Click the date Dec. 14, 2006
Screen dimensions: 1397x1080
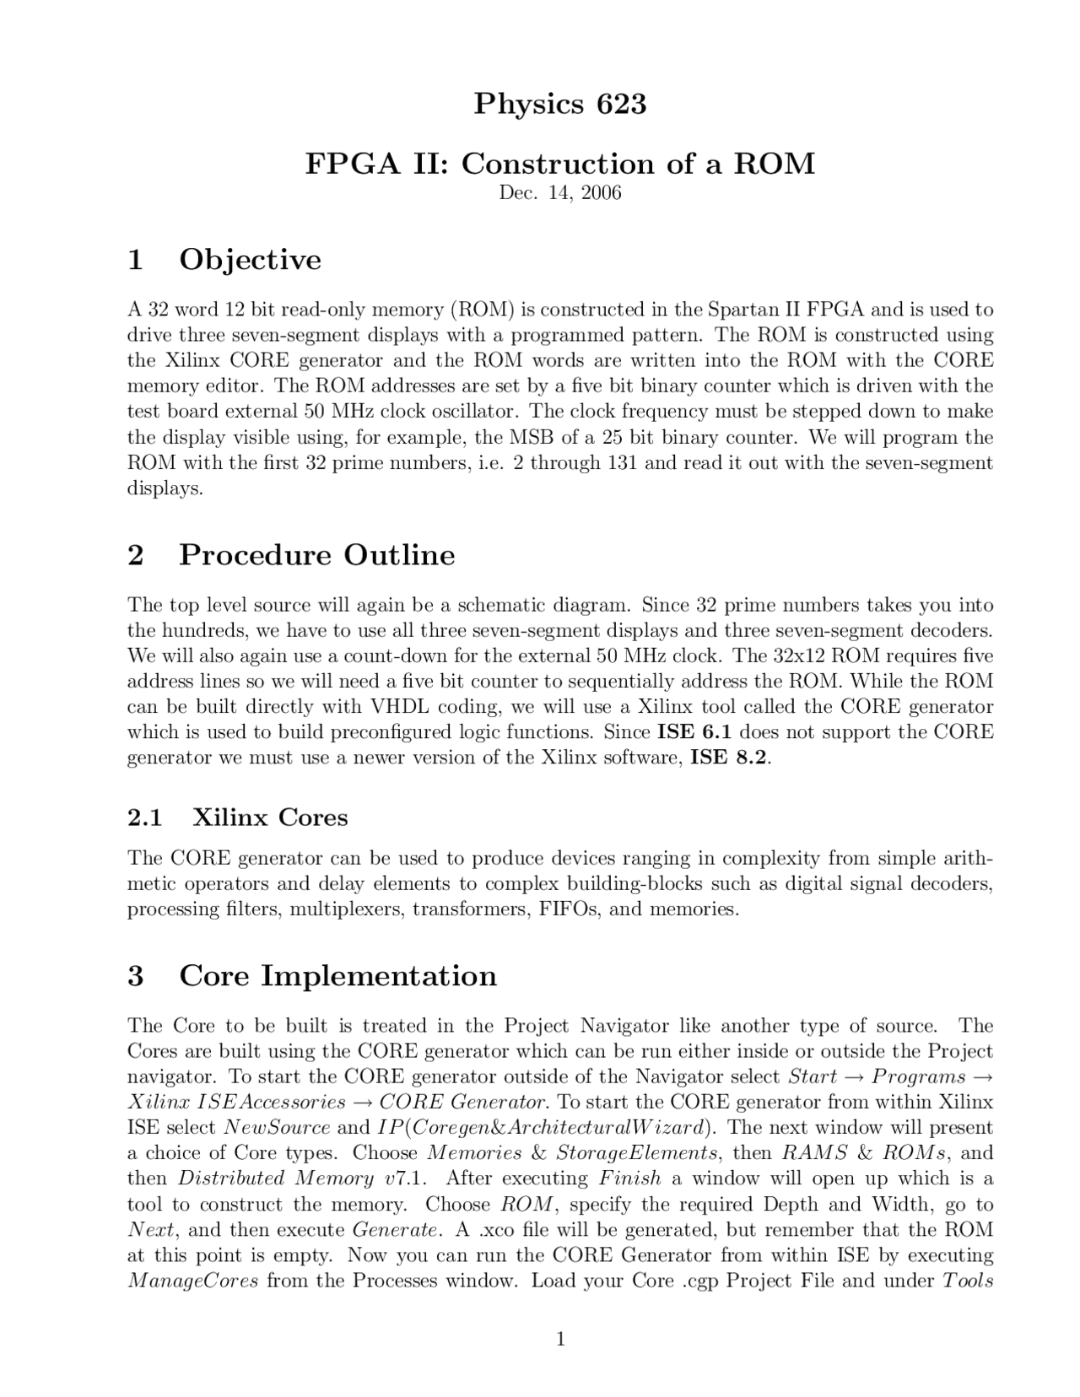[x=559, y=193]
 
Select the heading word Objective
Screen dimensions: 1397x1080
[x=250, y=259]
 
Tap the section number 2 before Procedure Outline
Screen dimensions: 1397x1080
[x=135, y=555]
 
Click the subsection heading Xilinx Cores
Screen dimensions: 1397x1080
[x=270, y=817]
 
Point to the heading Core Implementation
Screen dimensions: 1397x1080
[x=337, y=975]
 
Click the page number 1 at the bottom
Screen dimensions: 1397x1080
[x=560, y=1339]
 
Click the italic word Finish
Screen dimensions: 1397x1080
[x=629, y=1178]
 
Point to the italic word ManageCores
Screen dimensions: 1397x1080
[x=192, y=1281]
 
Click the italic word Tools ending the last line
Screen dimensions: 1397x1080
[x=968, y=1281]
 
